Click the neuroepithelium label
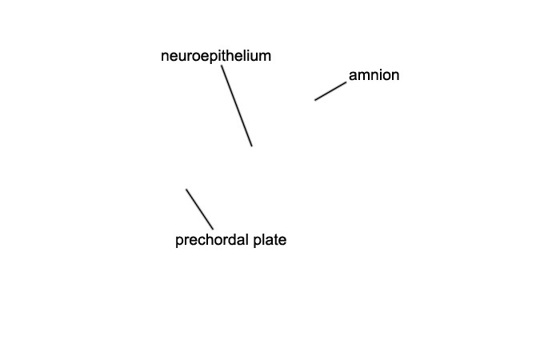pos(216,56)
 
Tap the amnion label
pos(374,75)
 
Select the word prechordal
pos(212,240)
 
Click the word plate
pos(270,240)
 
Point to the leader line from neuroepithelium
pos(237,106)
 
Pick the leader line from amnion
pos(330,91)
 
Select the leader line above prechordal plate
pos(200,209)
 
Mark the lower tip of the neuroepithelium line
pos(252,146)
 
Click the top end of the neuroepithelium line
pos(222,66)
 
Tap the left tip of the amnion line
pos(314,100)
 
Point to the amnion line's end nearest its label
pos(346,82)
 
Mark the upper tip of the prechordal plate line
pos(186,189)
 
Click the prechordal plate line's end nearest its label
pos(213,229)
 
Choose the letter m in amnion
pos(362,75)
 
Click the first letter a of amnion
pos(352,75)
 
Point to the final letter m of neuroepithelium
pos(266,57)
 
